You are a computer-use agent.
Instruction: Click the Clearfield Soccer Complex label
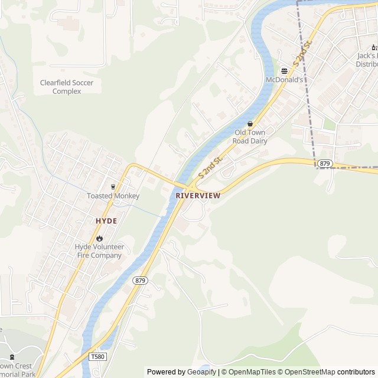coord(66,87)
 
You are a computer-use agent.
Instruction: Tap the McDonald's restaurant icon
coord(284,70)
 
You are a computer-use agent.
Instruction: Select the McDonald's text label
coord(284,80)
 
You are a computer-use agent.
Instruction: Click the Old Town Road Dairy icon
coord(250,124)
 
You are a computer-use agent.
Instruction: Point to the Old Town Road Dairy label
coord(250,137)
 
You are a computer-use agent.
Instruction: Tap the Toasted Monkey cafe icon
coord(113,187)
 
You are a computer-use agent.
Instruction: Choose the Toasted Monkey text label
coord(113,196)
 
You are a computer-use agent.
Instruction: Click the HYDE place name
coord(106,221)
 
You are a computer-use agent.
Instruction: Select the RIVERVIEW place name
coord(198,195)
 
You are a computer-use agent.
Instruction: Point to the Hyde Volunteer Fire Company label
coord(99,251)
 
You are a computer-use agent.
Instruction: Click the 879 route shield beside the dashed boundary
coord(324,163)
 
